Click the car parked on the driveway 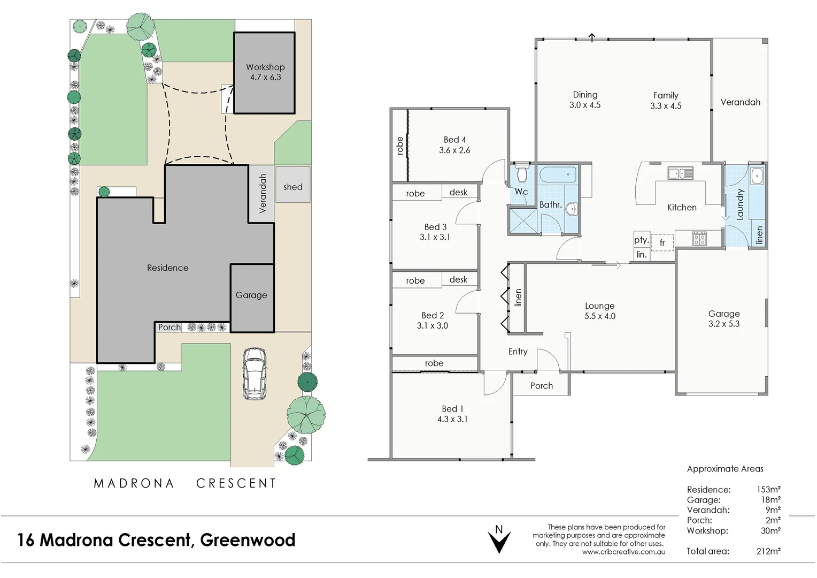(255, 374)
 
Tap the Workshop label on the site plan (265, 67)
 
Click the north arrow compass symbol (499, 541)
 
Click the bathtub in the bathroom (557, 174)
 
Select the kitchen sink (680, 173)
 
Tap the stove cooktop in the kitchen (699, 238)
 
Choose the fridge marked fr (662, 242)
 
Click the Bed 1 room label (452, 409)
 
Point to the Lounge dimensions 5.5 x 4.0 (599, 316)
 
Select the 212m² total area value (768, 551)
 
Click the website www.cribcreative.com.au (623, 552)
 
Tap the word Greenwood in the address (248, 540)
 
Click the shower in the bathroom (523, 221)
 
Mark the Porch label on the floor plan (541, 385)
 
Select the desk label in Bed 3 (458, 192)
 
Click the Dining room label (585, 95)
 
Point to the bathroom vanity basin (572, 208)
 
